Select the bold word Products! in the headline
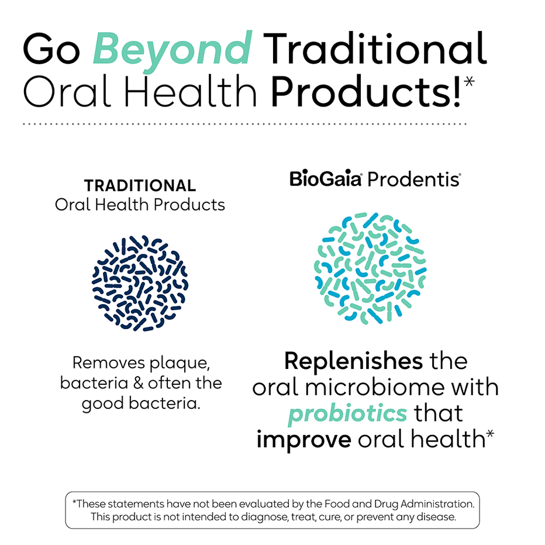click(367, 93)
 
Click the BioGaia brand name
click(326, 179)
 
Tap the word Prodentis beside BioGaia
click(413, 179)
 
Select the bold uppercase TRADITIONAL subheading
click(140, 186)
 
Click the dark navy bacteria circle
click(140, 282)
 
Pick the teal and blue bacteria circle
click(371, 268)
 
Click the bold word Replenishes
click(353, 361)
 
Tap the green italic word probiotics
click(347, 413)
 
